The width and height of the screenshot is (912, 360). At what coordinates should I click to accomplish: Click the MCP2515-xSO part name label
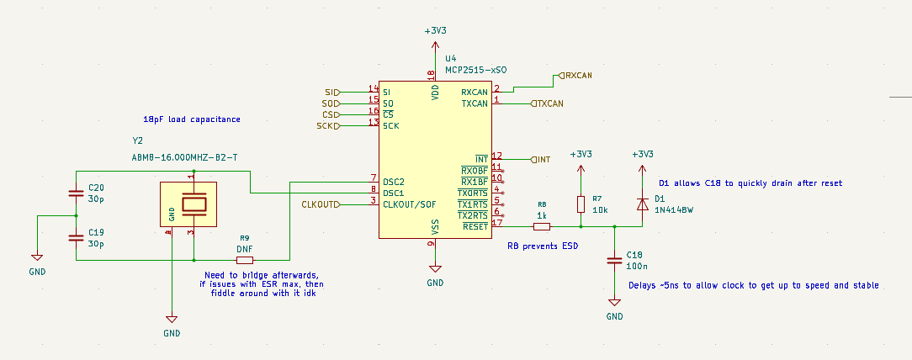(475, 71)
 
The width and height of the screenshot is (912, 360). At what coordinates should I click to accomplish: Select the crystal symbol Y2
(194, 204)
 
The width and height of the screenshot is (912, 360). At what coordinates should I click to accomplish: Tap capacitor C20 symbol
(76, 194)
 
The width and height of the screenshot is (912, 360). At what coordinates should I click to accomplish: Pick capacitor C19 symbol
(76, 238)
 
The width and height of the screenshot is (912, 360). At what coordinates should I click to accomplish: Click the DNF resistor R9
(245, 260)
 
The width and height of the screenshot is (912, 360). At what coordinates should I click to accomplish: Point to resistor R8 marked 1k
(542, 226)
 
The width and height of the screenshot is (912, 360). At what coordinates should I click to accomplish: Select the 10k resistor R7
(581, 204)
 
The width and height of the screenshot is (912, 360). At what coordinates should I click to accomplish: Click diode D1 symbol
(642, 204)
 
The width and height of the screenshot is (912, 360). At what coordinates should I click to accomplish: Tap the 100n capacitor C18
(614, 262)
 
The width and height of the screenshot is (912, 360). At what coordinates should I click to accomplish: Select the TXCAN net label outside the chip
(549, 103)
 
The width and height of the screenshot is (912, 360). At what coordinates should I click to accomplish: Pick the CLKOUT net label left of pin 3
(321, 204)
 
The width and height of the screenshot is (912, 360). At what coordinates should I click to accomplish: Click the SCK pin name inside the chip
(390, 126)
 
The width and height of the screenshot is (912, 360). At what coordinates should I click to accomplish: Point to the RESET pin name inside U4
(475, 226)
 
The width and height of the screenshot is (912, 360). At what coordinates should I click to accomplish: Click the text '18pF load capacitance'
(192, 119)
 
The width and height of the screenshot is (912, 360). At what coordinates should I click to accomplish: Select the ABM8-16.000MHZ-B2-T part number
(184, 157)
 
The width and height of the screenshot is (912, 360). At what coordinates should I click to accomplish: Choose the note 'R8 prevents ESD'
(542, 246)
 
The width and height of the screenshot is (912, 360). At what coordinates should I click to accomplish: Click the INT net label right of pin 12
(543, 159)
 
